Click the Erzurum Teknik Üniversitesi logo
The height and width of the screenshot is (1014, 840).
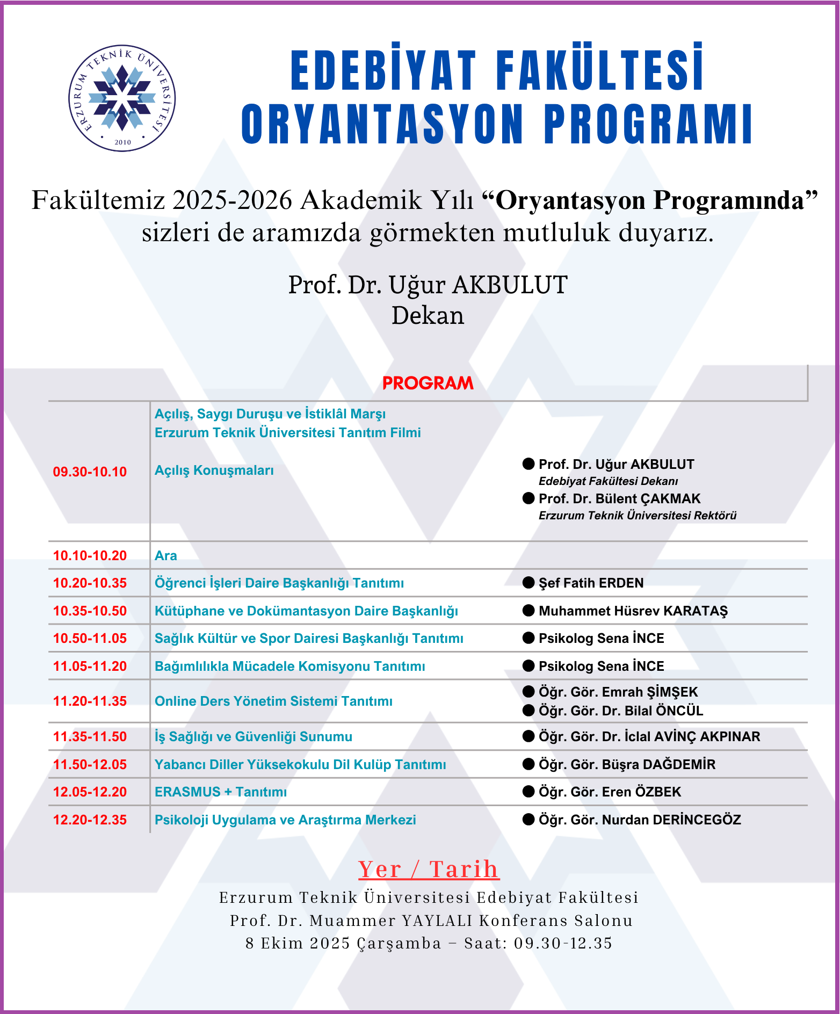(122, 98)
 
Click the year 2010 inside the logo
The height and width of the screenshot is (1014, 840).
(123, 142)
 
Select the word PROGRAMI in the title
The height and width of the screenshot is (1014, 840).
(648, 124)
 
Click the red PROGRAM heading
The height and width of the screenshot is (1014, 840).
(428, 383)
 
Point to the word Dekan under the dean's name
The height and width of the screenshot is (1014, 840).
(428, 316)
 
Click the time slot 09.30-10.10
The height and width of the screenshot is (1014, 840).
(90, 472)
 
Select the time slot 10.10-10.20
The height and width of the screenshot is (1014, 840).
(90, 556)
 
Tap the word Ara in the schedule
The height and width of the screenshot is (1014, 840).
(166, 556)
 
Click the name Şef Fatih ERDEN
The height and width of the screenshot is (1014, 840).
(591, 583)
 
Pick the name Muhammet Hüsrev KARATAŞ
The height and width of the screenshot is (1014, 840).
(633, 611)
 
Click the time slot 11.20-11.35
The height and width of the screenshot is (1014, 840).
(90, 701)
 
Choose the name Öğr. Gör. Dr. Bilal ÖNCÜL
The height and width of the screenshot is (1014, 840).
(620, 711)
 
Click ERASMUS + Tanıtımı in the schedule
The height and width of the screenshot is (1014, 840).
(221, 792)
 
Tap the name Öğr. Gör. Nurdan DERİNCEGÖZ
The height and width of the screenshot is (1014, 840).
(639, 820)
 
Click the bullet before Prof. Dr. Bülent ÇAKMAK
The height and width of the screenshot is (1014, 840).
(528, 498)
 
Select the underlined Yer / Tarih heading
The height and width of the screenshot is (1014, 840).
(429, 870)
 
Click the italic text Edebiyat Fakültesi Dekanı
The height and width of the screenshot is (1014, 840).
(608, 481)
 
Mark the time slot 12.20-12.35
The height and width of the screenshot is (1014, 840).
(90, 820)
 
